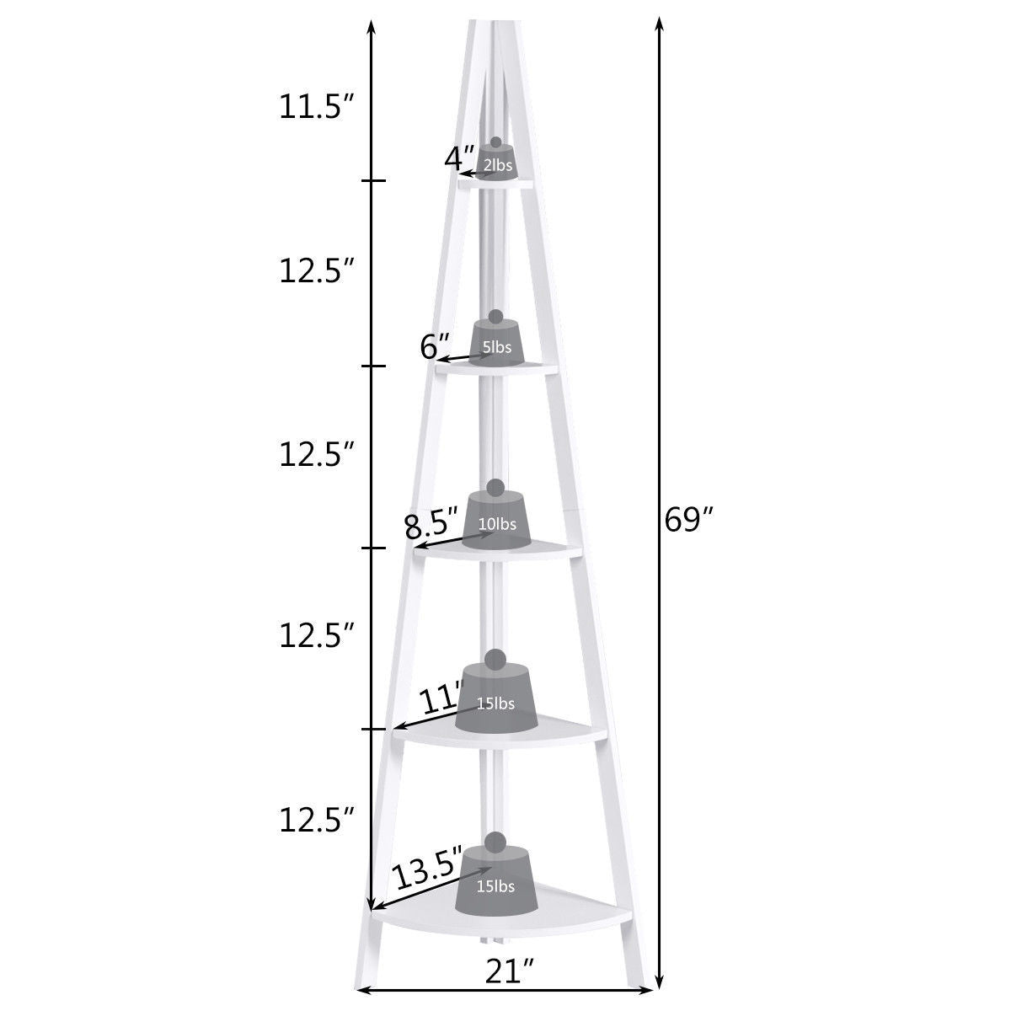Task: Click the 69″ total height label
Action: point(688,520)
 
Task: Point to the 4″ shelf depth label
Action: point(460,158)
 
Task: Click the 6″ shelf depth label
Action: point(436,345)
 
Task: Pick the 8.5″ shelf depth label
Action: point(431,527)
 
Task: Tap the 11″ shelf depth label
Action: point(441,700)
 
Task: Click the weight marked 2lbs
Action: point(496,164)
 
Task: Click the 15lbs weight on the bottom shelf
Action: point(495,884)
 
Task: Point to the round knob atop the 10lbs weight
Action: point(495,487)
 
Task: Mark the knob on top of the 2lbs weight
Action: point(495,142)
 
